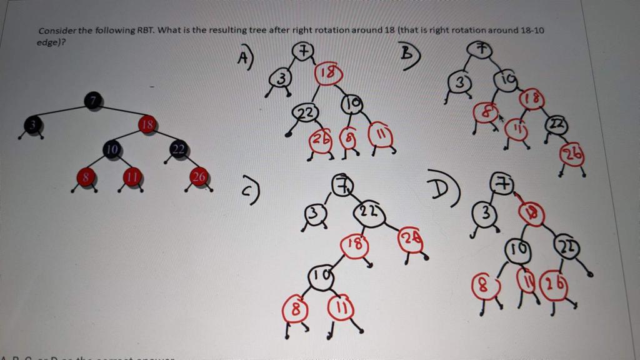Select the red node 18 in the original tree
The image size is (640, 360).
click(x=147, y=126)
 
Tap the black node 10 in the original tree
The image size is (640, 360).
click(x=112, y=149)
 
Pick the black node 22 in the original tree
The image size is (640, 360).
click(x=178, y=149)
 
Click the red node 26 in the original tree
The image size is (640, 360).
click(x=199, y=177)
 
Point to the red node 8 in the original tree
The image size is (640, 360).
click(x=87, y=177)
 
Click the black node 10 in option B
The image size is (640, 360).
click(x=505, y=79)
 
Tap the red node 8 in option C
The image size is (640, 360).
click(x=296, y=308)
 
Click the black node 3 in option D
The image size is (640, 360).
click(x=486, y=214)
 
